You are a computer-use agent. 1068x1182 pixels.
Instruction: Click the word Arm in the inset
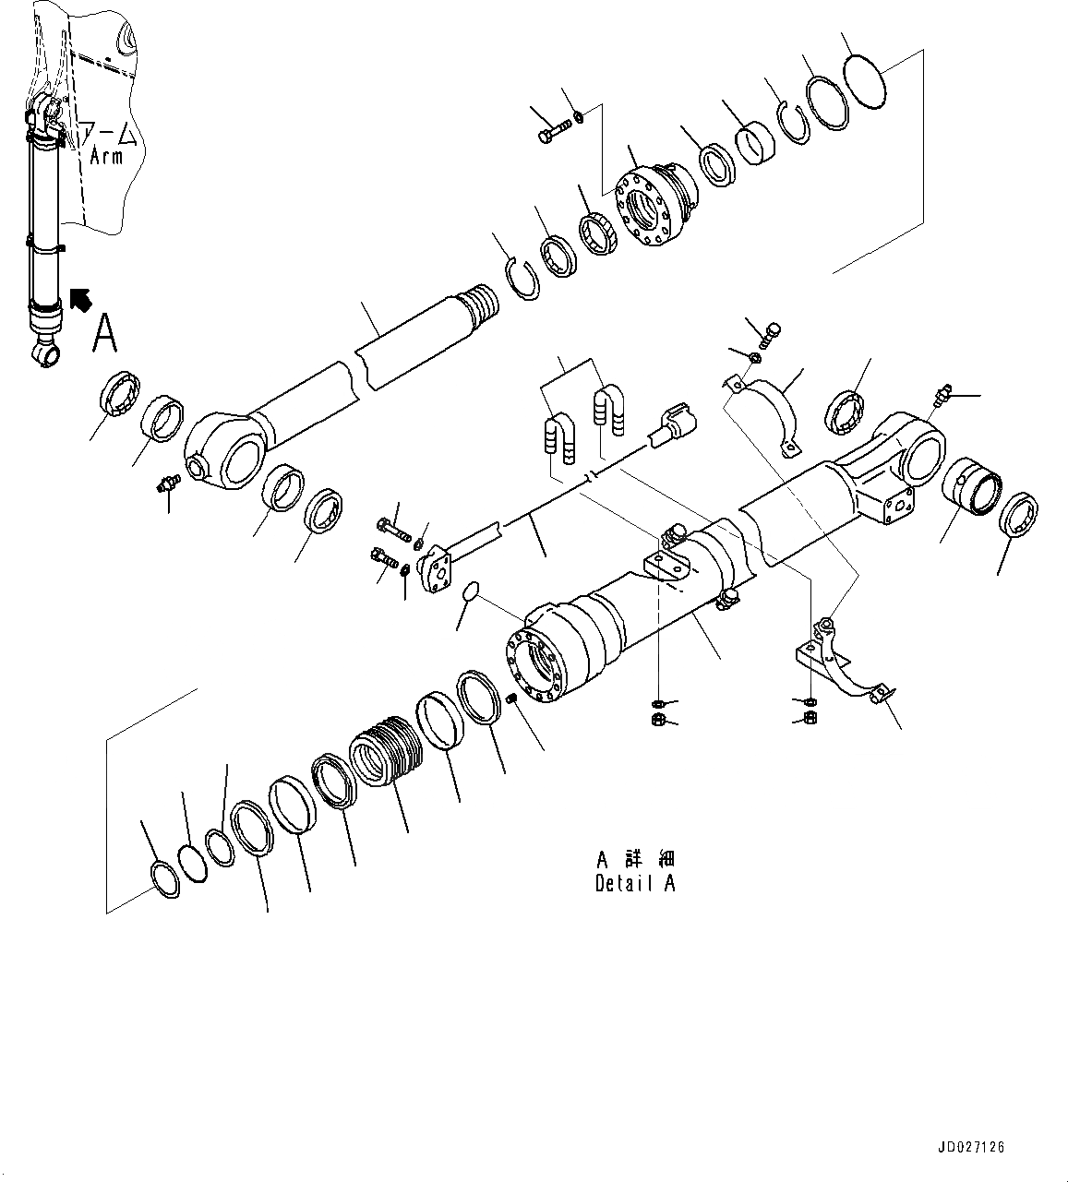pos(106,156)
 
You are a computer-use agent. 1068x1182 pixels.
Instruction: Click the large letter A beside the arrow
pos(105,333)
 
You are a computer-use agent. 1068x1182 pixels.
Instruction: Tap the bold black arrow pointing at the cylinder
pos(81,300)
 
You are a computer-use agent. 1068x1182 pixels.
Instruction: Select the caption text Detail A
pos(635,883)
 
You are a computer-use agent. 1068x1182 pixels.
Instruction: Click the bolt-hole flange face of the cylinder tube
pos(538,662)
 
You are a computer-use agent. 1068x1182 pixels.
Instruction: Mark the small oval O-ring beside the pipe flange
pos(471,591)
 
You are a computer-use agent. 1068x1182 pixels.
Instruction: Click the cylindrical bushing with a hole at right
pos(971,485)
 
